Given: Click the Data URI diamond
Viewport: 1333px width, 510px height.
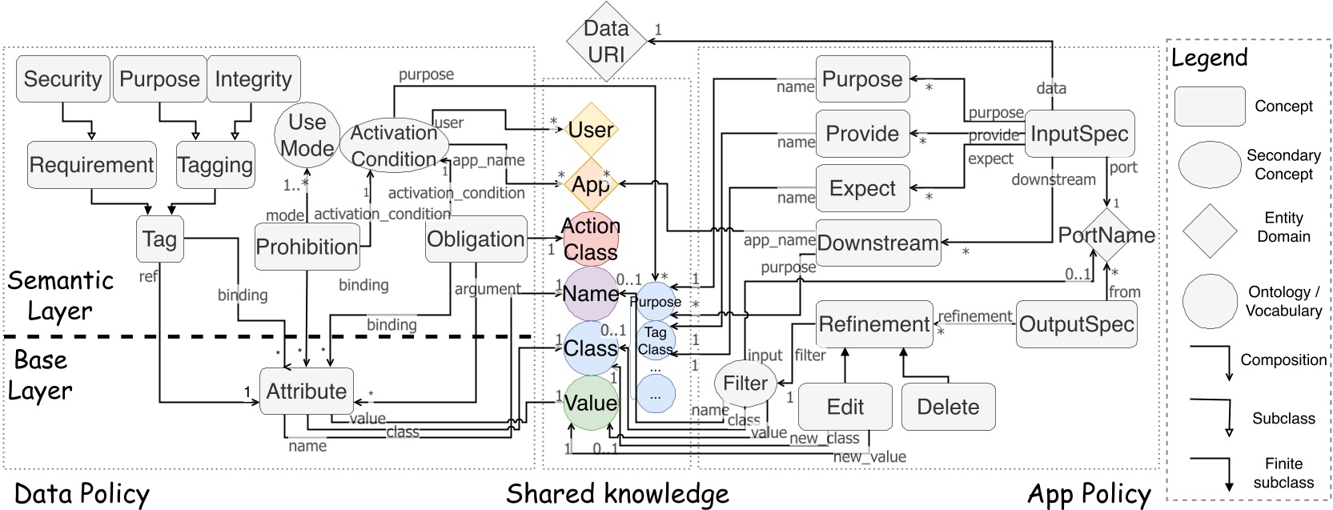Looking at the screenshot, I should (x=606, y=41).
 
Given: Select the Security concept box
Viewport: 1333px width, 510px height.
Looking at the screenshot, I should (x=62, y=78).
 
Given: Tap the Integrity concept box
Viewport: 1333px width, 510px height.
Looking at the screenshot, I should (x=254, y=78).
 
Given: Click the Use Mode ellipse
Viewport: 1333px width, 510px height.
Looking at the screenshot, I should (x=307, y=135).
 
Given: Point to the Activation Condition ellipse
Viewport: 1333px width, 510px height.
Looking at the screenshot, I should (x=393, y=145).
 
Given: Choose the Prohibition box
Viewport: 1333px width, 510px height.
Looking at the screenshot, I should (x=307, y=247).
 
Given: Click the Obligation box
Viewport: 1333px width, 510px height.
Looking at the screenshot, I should (x=476, y=239).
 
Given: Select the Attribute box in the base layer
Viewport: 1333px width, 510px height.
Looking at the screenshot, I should (x=307, y=391).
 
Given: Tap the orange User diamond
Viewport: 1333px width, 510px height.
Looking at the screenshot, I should (x=591, y=130).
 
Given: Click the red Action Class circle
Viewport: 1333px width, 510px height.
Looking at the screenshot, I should (x=591, y=239).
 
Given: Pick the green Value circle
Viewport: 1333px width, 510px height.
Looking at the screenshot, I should (x=591, y=403).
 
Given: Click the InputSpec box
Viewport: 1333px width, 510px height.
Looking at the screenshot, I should (x=1079, y=134).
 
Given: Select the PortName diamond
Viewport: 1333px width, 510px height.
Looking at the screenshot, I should (x=1107, y=235).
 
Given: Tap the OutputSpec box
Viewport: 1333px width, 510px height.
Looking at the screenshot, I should (x=1076, y=324).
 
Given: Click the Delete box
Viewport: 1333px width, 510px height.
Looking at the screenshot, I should (x=948, y=407).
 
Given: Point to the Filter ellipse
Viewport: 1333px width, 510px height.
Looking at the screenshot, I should (x=745, y=384).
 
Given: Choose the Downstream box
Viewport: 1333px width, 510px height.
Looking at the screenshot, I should (x=877, y=243).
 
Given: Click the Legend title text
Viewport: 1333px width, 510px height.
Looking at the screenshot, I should (x=1210, y=58).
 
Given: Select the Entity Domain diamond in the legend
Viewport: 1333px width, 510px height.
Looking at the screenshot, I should (x=1210, y=230).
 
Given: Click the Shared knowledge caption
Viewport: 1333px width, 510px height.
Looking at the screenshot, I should (x=617, y=493).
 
